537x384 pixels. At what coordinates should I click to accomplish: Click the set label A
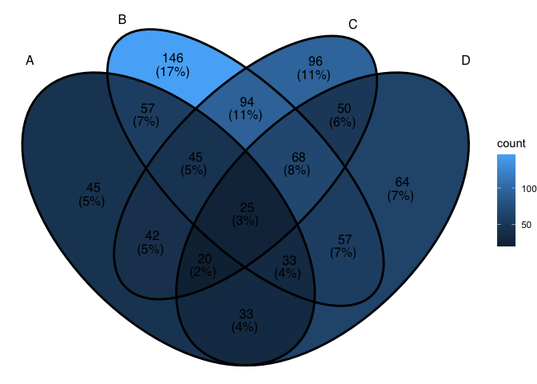30,60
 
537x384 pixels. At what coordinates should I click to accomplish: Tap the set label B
121,19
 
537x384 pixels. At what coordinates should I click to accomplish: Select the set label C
352,24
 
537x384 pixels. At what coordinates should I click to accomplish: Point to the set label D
466,60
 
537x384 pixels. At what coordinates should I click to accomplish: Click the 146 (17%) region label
173,65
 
